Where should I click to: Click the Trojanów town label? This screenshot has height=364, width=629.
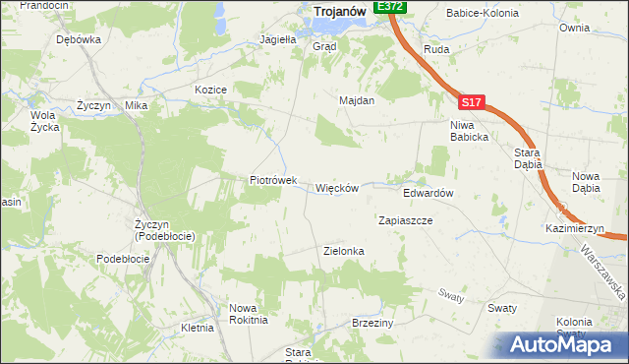[340, 12]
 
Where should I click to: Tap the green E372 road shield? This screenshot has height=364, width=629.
[390, 6]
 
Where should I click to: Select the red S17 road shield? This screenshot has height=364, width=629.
[471, 101]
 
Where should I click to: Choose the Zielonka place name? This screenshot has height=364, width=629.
[344, 251]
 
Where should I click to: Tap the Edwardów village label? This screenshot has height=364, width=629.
[428, 194]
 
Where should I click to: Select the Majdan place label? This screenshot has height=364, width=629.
[357, 100]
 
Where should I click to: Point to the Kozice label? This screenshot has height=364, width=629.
[211, 90]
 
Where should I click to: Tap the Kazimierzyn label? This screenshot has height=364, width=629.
[575, 228]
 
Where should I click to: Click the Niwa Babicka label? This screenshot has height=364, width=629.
[469, 131]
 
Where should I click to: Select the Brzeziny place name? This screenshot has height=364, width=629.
[372, 323]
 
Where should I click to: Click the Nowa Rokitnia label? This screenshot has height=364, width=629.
[249, 313]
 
